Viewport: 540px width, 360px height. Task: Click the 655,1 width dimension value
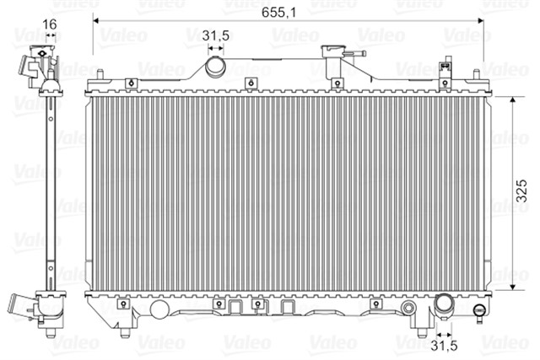pos(278,13)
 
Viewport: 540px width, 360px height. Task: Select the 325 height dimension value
pos(521,191)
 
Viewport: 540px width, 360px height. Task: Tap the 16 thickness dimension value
pos(49,24)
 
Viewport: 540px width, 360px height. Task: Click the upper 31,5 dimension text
pos(216,35)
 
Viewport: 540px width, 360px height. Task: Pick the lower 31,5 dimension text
pos(445,346)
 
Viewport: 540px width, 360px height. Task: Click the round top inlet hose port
pos(216,67)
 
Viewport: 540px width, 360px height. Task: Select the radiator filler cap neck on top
pos(332,51)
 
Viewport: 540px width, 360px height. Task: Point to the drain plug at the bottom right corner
pos(479,312)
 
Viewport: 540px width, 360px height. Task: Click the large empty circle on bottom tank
pos(159,309)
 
